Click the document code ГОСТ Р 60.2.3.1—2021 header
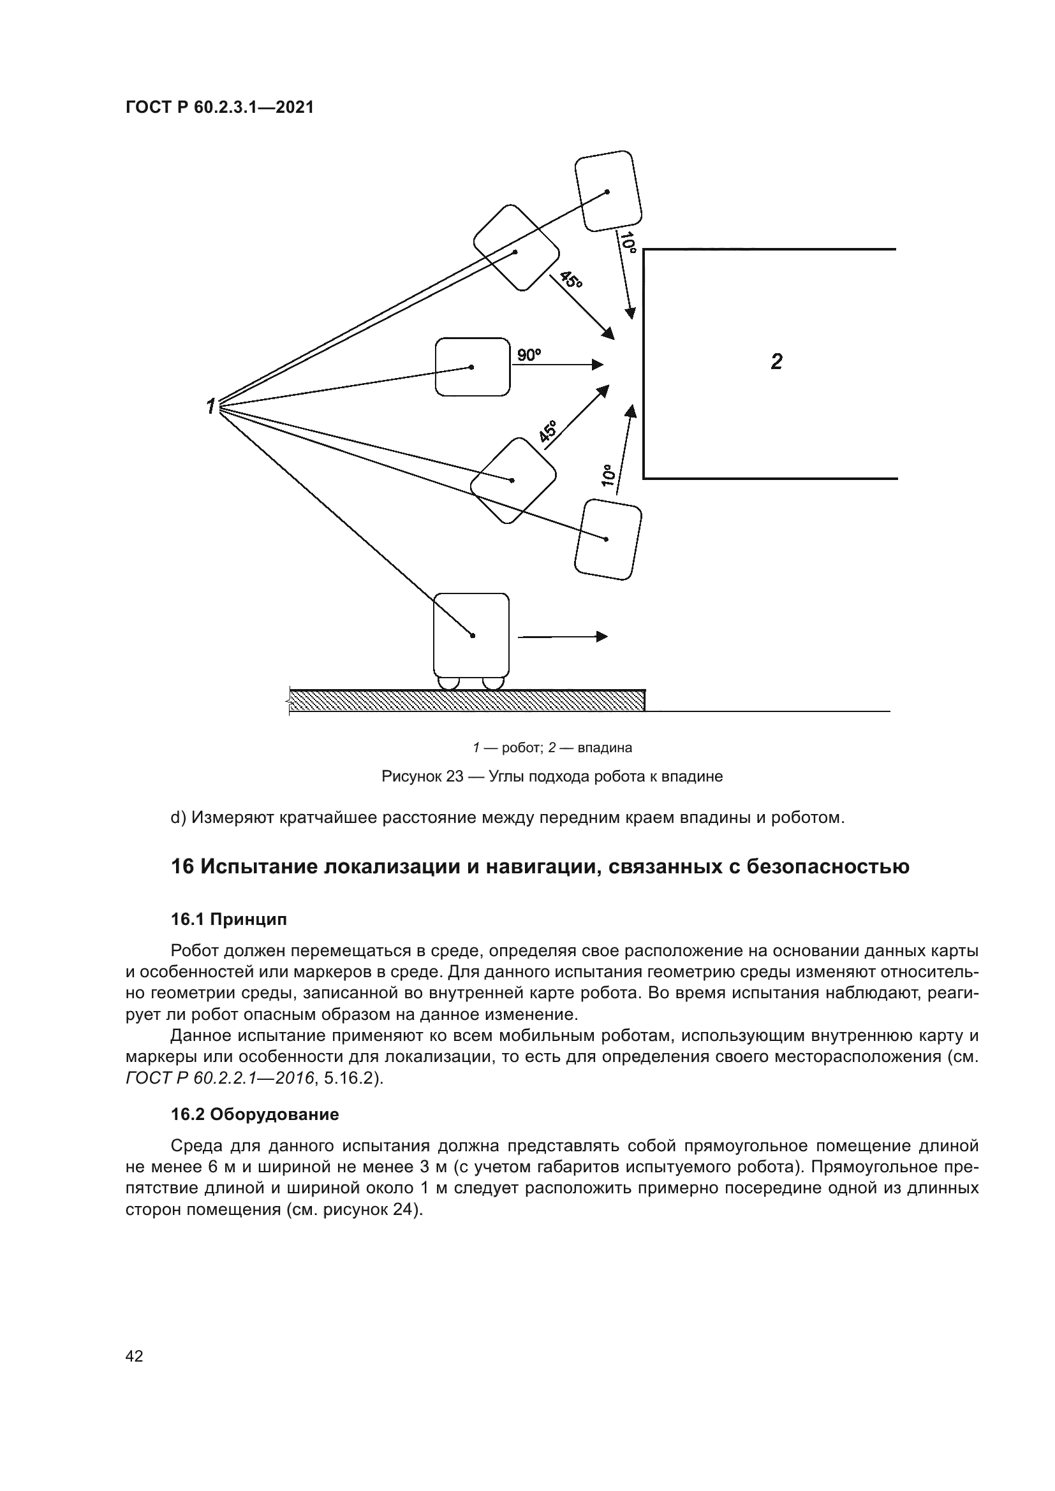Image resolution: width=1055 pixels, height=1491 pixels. pyautogui.click(x=219, y=108)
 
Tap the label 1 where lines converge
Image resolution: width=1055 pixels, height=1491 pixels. pyautogui.click(x=210, y=407)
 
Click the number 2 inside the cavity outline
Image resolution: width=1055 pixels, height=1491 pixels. pyautogui.click(x=776, y=361)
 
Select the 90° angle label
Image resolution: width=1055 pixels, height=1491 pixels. pyautogui.click(x=529, y=355)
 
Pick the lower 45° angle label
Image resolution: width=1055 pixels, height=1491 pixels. pyautogui.click(x=548, y=432)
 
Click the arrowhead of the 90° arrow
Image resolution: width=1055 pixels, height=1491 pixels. pyautogui.click(x=598, y=365)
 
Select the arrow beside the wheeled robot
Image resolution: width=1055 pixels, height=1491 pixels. pyautogui.click(x=563, y=637)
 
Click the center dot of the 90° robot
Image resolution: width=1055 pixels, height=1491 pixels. pyautogui.click(x=471, y=368)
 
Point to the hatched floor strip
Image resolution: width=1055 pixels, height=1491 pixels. pyautogui.click(x=466, y=701)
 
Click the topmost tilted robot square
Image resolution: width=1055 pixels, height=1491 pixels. pyautogui.click(x=608, y=191)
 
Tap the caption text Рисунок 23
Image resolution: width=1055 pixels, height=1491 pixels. pyautogui.click(x=422, y=776)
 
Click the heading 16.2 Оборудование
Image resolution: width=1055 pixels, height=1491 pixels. pyautogui.click(x=255, y=1115)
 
